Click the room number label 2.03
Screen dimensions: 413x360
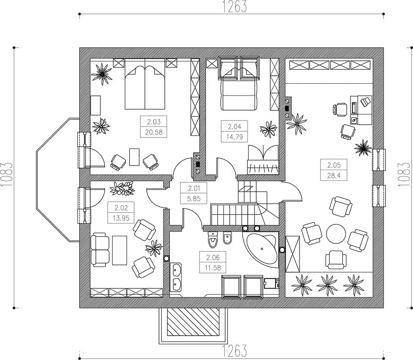pos(154,122)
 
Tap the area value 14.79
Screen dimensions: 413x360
pos(234,137)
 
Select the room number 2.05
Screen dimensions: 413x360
pos(334,165)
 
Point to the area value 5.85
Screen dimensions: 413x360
pos(194,199)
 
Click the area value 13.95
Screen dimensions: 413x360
pos(121,218)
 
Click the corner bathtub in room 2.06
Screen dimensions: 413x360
pos(262,249)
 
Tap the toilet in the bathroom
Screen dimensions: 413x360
pos(212,240)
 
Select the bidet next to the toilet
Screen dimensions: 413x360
pos(227,238)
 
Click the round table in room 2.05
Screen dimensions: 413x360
pos(336,234)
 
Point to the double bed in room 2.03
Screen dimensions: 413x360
pos(145,87)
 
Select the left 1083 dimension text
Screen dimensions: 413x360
pos(6,175)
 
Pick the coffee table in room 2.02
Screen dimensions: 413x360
pos(120,250)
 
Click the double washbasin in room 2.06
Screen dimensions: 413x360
pos(175,277)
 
